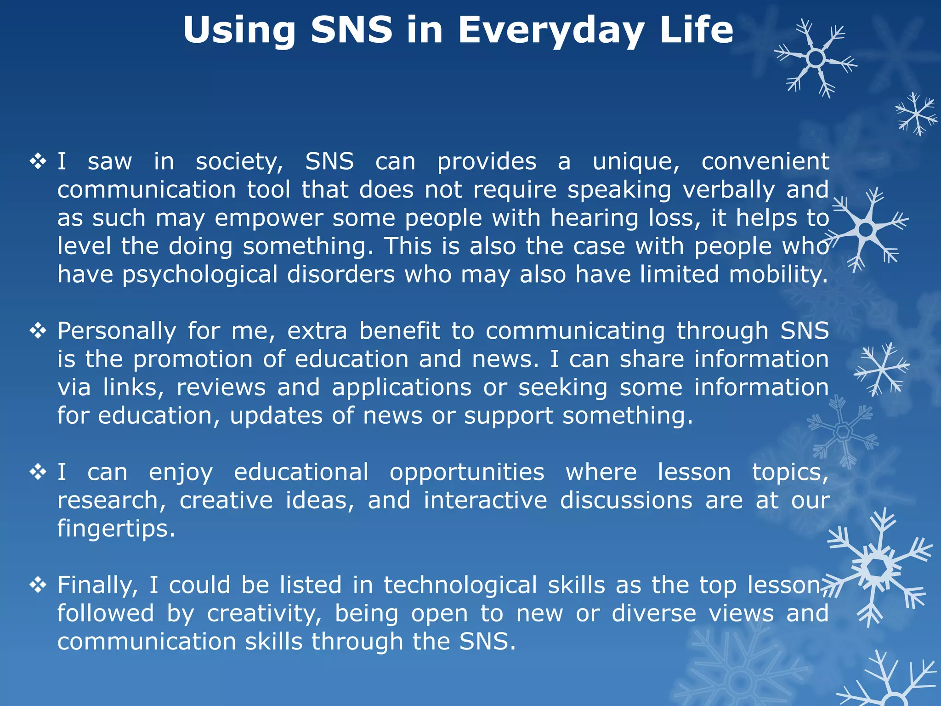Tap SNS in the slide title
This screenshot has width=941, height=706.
[x=351, y=30]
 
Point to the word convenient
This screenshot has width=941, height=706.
[x=765, y=162]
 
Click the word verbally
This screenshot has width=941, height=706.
[x=729, y=190]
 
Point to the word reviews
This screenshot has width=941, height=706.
[x=221, y=388]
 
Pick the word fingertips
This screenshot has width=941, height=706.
[x=116, y=529]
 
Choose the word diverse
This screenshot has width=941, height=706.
[x=654, y=614]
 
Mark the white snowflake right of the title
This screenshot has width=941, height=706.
[x=815, y=58]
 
